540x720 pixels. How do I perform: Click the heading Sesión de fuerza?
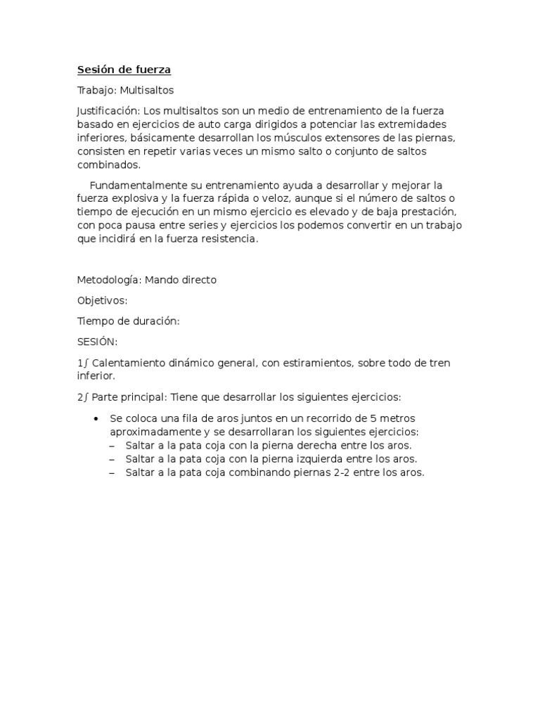124,70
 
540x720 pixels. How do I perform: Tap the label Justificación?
109,111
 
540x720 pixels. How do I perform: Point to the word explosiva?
131,199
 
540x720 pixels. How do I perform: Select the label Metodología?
109,280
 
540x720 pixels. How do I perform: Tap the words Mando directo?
181,280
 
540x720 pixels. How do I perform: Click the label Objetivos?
102,300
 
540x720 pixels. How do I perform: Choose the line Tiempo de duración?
128,321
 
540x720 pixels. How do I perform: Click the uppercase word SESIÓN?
97,342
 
